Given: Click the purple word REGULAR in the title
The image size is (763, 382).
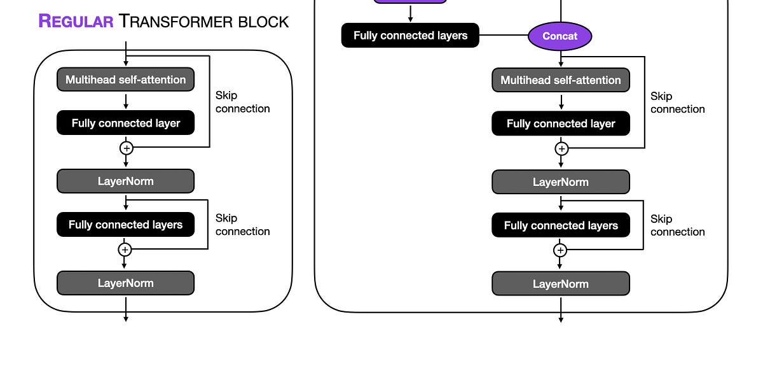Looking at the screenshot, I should (x=76, y=21).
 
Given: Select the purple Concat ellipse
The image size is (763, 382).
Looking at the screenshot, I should (x=560, y=36).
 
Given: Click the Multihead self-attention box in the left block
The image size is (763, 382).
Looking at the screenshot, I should (x=125, y=80).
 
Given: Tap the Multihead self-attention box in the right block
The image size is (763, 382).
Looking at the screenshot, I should (x=560, y=80).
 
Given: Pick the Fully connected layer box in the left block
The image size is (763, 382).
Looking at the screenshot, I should (x=125, y=123).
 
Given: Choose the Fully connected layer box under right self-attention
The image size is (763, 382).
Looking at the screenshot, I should (x=560, y=124).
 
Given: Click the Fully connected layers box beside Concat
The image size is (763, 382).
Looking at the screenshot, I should (x=410, y=36).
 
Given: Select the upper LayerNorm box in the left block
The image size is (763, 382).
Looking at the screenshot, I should (x=125, y=181).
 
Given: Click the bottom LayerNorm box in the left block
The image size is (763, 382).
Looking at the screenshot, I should (x=125, y=283).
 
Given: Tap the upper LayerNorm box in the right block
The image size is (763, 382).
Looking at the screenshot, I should (x=560, y=181).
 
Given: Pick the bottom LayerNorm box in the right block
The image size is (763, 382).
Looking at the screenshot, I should (x=560, y=283).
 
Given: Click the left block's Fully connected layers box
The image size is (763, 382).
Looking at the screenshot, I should (x=125, y=224).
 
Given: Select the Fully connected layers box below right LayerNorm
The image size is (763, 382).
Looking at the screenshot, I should (x=560, y=225).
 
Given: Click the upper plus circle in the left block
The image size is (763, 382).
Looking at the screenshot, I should (x=126, y=148).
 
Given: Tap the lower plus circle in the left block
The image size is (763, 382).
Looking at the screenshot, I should (x=125, y=249).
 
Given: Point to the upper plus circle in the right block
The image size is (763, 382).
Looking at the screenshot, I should (x=561, y=148).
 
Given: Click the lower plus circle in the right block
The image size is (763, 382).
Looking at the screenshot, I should (x=560, y=250).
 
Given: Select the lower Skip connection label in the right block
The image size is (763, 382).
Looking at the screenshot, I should (x=677, y=225).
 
